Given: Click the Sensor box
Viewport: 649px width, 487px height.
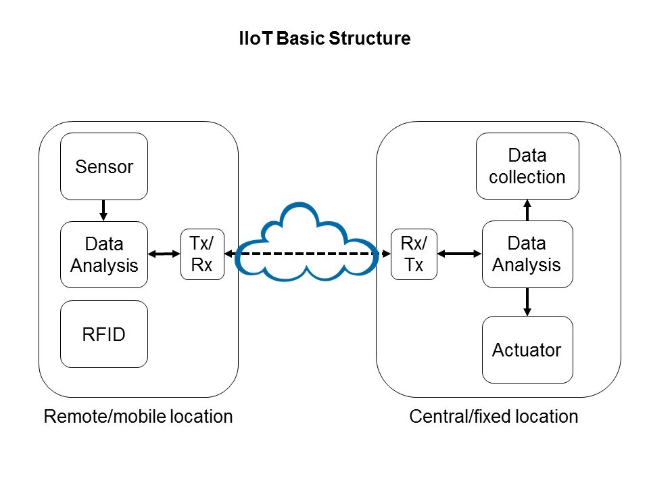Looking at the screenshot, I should click(x=104, y=166).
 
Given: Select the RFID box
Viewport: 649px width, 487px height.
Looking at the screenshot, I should click(x=104, y=334).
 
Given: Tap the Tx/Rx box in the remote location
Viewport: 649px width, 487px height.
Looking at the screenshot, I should click(x=202, y=254).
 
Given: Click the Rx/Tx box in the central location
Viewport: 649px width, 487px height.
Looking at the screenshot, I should click(x=414, y=254).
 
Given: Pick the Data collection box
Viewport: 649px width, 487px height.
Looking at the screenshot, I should click(x=527, y=166).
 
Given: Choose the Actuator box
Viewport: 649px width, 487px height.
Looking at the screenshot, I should click(x=527, y=350).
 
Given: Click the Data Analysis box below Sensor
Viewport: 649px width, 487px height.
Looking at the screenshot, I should click(x=104, y=254).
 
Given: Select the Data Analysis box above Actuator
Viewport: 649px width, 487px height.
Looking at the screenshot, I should click(x=527, y=254).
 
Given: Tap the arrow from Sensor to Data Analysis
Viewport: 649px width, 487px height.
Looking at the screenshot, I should click(x=103, y=210).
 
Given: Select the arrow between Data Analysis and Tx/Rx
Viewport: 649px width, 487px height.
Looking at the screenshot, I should click(x=164, y=254).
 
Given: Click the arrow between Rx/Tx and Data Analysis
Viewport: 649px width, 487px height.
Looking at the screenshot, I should click(x=459, y=254).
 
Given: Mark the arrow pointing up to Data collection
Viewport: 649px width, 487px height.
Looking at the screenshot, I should click(x=527, y=210).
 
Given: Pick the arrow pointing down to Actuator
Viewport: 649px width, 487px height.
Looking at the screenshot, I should click(x=527, y=302).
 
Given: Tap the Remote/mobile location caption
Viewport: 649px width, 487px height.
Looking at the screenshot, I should click(x=138, y=416).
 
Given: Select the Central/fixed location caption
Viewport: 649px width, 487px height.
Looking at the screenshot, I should click(x=494, y=416).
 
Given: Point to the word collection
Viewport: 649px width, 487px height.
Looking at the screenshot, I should click(x=527, y=177).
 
